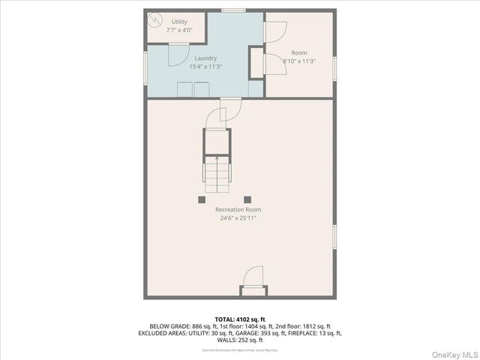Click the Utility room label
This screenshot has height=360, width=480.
[x=179, y=22]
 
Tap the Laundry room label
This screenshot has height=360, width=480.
[x=205, y=58]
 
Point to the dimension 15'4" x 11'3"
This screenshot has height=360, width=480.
[x=205, y=66]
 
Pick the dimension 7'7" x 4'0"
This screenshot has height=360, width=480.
[x=179, y=30]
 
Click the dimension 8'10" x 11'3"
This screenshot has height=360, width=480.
[x=298, y=61]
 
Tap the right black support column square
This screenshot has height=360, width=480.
[x=266, y=199]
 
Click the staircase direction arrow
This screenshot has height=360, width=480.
[x=217, y=159]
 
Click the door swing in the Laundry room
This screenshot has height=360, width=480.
[x=178, y=55]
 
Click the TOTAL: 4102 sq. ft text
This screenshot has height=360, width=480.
[x=239, y=318]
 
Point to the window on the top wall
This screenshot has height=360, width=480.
[x=233, y=10]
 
